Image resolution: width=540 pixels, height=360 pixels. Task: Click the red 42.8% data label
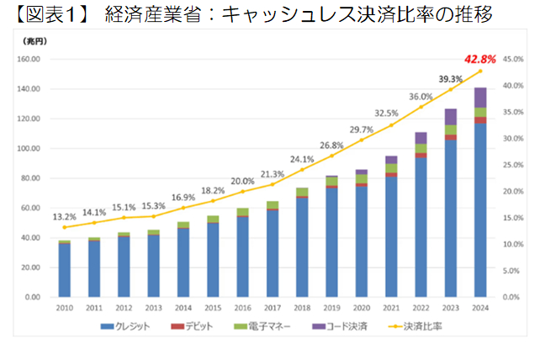[x=480, y=60]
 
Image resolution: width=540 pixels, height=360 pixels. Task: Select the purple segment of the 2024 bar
[x=481, y=98]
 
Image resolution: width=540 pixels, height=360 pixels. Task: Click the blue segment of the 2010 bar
[x=64, y=269]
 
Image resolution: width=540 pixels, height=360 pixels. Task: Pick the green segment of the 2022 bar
[x=421, y=149]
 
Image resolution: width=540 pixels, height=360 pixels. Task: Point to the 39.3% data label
[x=451, y=79]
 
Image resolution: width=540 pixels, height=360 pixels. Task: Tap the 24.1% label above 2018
[x=302, y=159]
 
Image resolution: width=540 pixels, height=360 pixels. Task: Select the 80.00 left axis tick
[x=31, y=178]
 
